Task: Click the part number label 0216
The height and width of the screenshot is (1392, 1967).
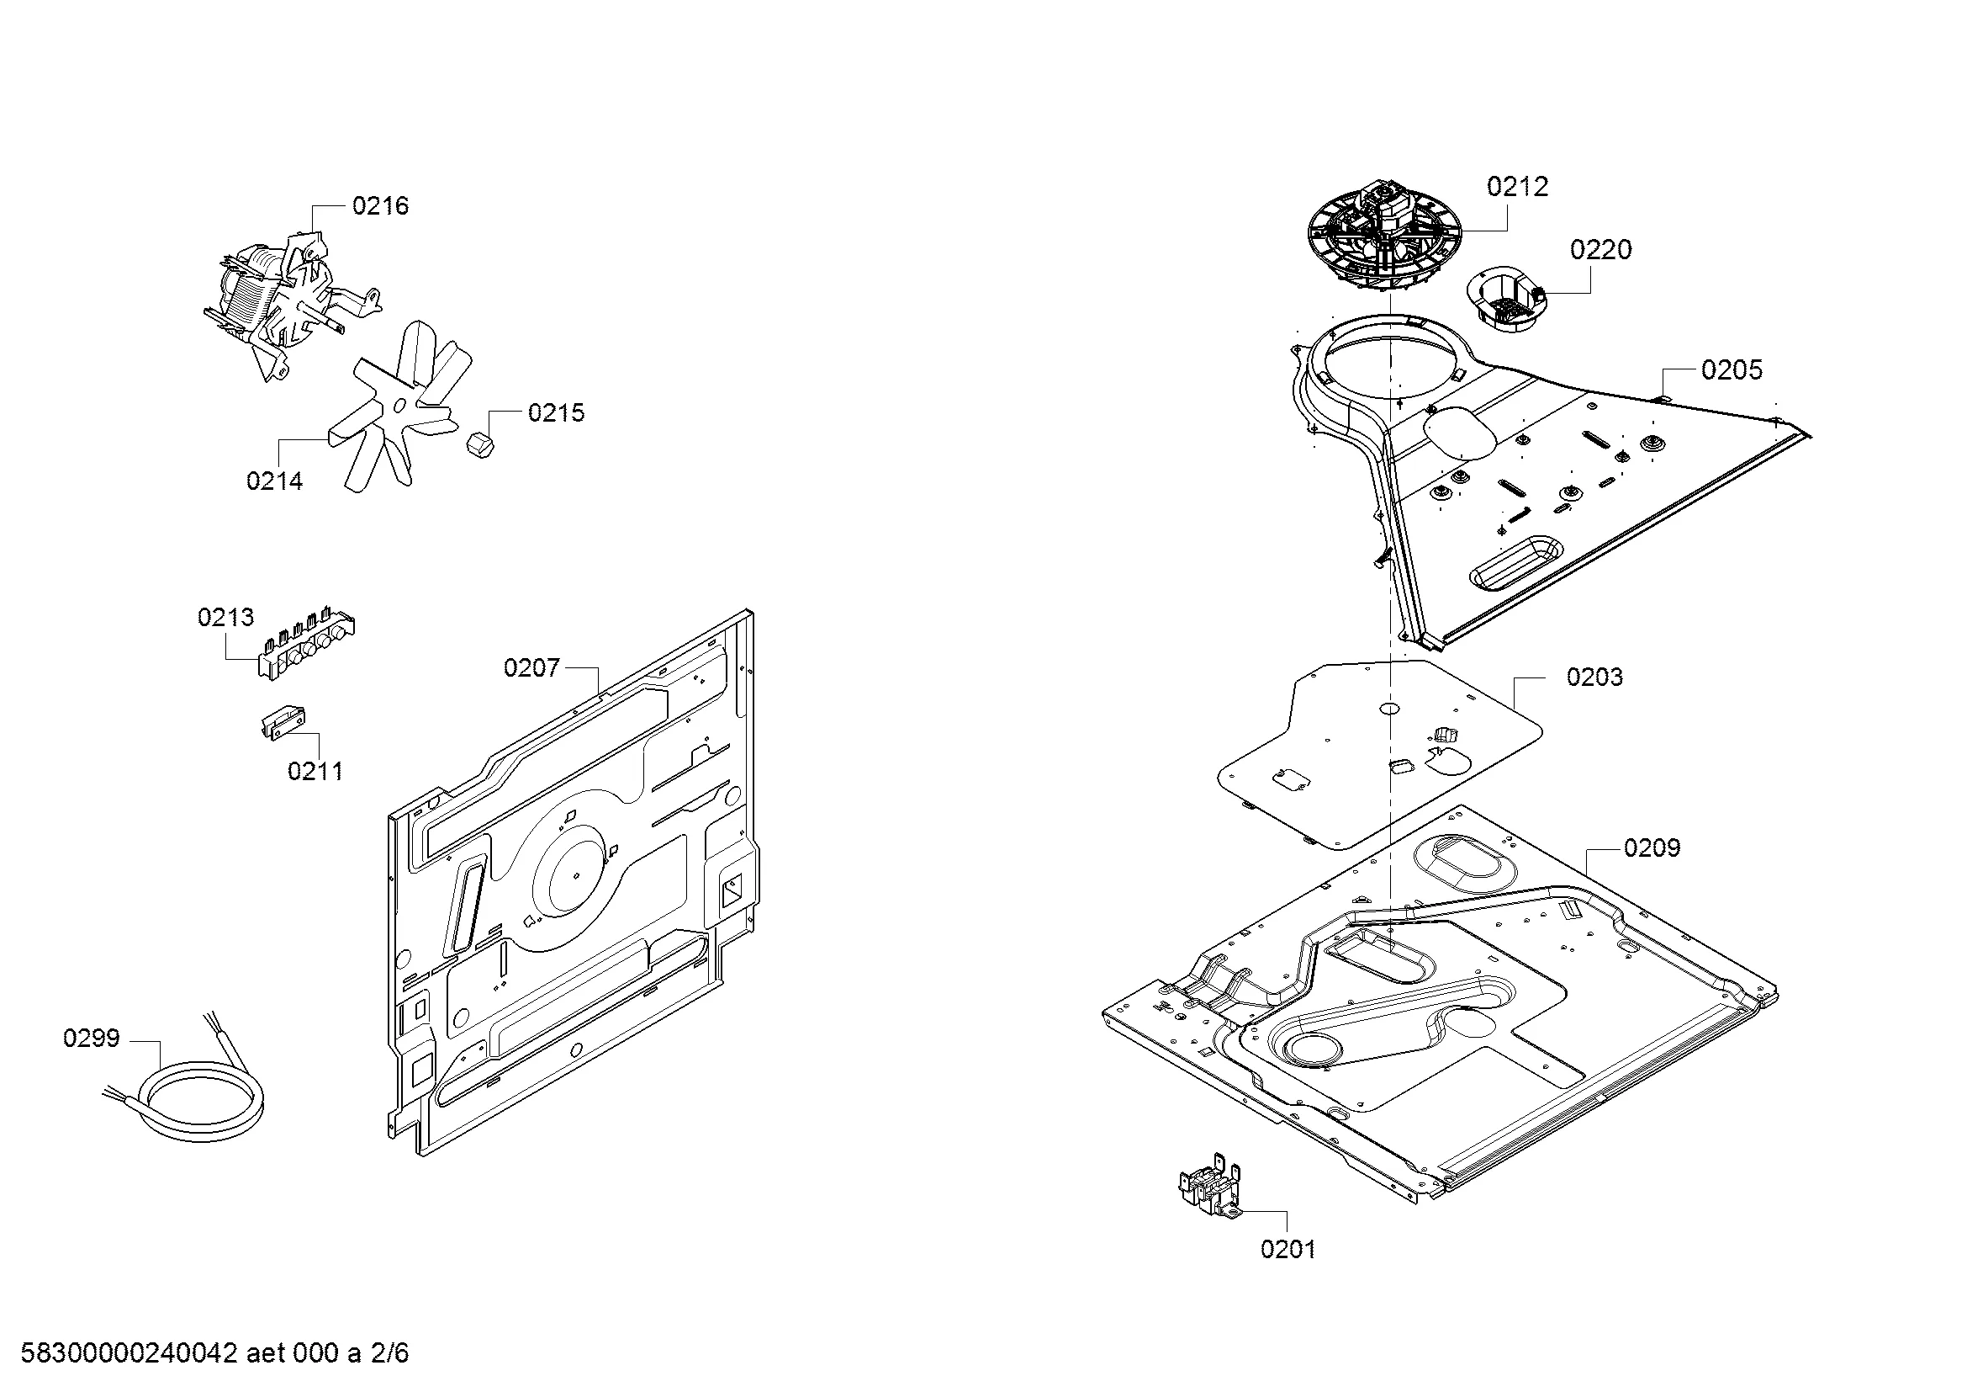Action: (380, 205)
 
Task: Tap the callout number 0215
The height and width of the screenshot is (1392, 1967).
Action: (556, 413)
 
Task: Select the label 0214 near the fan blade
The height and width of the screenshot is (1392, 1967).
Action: (274, 481)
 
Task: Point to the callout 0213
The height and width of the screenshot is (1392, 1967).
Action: (225, 617)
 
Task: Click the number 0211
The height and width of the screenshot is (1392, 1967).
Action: (315, 772)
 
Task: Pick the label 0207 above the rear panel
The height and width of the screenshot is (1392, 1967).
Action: (531, 668)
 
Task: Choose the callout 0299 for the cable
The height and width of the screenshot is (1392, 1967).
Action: (91, 1039)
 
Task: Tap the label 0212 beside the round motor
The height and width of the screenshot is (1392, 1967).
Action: (1517, 187)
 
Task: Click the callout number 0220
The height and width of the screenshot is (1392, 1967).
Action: (1600, 250)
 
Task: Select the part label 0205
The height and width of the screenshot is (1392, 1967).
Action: (1732, 370)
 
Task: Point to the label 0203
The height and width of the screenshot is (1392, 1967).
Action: (1594, 677)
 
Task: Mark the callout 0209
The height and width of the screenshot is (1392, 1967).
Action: (1652, 848)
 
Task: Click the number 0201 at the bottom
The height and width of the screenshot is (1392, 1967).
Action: (1288, 1250)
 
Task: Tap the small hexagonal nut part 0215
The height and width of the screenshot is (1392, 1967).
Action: (477, 444)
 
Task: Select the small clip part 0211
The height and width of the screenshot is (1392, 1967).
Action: (282, 722)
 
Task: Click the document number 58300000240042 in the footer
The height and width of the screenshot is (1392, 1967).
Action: (129, 1353)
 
